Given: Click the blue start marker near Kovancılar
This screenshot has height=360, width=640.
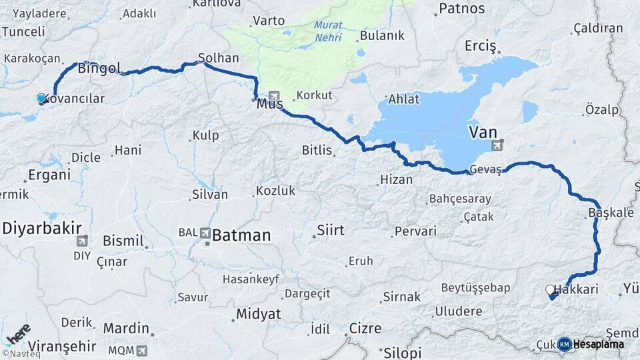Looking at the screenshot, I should pos(41,99).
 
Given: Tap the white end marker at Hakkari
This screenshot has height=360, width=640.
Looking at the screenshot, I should pos(551,290).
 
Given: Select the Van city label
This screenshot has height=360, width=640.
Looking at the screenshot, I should pos(483,132).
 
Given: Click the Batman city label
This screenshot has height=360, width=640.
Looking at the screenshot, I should pos(241,235).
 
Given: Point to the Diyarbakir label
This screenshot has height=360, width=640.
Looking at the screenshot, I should pos(37,228).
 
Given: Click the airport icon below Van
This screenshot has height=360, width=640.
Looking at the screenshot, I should pos(497,145).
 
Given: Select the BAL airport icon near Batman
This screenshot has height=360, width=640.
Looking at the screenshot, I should pos(205,233).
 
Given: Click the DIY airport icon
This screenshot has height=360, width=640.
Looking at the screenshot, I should pos(82,241).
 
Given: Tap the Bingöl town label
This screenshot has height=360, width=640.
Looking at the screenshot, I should pos(99,68).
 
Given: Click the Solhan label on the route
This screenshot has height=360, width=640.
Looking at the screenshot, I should pos(218,58).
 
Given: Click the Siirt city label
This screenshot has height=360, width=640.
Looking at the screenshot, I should pos(331,231).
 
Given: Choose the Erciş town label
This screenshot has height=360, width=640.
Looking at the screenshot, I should pos(481,46).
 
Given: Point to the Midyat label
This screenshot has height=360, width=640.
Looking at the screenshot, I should pos(259,314).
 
